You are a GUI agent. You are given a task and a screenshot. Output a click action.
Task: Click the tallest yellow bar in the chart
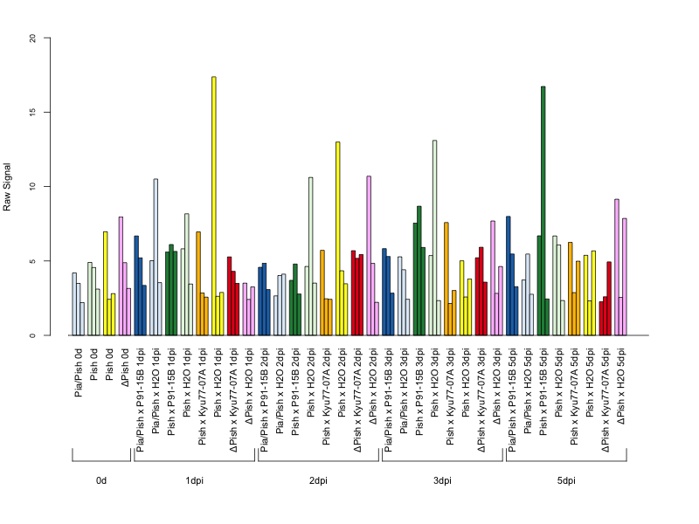pyautogui.click(x=214, y=206)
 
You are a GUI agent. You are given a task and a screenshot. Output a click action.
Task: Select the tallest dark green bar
pyautogui.click(x=543, y=210)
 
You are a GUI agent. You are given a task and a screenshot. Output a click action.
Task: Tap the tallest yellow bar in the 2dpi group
pyautogui.click(x=338, y=238)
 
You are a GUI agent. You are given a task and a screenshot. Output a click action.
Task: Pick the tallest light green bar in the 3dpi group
pyautogui.click(x=434, y=238)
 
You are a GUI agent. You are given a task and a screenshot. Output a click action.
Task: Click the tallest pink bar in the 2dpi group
pyautogui.click(x=369, y=256)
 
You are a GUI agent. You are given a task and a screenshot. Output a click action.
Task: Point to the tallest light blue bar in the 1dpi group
pyautogui.click(x=156, y=257)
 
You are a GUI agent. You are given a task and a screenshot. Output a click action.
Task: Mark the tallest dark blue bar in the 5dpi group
pyautogui.click(x=509, y=276)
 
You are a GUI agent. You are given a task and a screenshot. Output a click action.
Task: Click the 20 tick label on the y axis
pyautogui.click(x=32, y=38)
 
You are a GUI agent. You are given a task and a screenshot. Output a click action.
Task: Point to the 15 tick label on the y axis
pyautogui.click(x=32, y=113)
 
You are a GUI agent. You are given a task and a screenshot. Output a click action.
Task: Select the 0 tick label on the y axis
pyautogui.click(x=32, y=335)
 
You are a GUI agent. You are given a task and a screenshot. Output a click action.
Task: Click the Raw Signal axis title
pyautogui.click(x=7, y=187)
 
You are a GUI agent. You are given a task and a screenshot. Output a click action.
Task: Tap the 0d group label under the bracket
pyautogui.click(x=101, y=481)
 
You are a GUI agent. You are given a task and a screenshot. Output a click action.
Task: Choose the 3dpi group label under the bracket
pyautogui.click(x=442, y=481)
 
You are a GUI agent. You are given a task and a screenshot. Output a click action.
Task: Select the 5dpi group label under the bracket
pyautogui.click(x=566, y=481)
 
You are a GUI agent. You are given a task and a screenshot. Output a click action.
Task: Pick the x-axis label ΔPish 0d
pyautogui.click(x=125, y=367)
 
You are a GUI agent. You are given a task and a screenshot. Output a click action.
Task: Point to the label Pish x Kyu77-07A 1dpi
pyautogui.click(x=202, y=396)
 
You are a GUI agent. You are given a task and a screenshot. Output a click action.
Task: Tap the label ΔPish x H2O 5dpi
pyautogui.click(x=620, y=386)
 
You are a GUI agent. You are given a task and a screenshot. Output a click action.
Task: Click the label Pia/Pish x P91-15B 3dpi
pyautogui.click(x=388, y=400)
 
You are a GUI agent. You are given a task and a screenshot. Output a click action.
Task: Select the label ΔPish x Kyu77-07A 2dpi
pyautogui.click(x=357, y=400)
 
